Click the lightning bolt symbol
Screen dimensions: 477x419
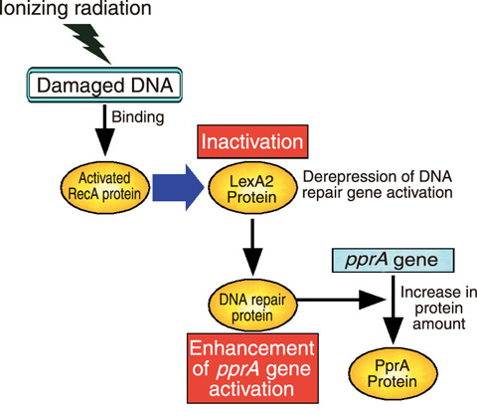coord(88,43)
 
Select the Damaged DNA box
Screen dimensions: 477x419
coord(104,85)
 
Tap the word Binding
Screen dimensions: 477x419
coord(138,117)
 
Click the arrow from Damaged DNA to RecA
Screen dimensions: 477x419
coord(104,130)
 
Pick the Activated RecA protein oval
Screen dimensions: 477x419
coord(104,187)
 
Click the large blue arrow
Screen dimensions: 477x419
coord(178,187)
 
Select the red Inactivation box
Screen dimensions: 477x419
coord(252,141)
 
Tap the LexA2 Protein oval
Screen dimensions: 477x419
coord(252,188)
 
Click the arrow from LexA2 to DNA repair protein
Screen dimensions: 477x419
coord(252,247)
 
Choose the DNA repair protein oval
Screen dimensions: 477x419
coord(252,306)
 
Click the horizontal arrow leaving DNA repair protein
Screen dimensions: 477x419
coord(341,300)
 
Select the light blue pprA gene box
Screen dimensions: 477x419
coord(393,260)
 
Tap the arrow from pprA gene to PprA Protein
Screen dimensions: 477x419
coord(393,310)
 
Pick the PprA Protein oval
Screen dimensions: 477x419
coord(393,373)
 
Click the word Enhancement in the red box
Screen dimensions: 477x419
coord(252,348)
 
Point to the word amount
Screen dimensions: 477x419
coord(439,324)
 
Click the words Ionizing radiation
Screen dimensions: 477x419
coord(76,7)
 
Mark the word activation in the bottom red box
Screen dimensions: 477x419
coord(251,389)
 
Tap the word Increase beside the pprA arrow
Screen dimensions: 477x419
coord(430,293)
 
